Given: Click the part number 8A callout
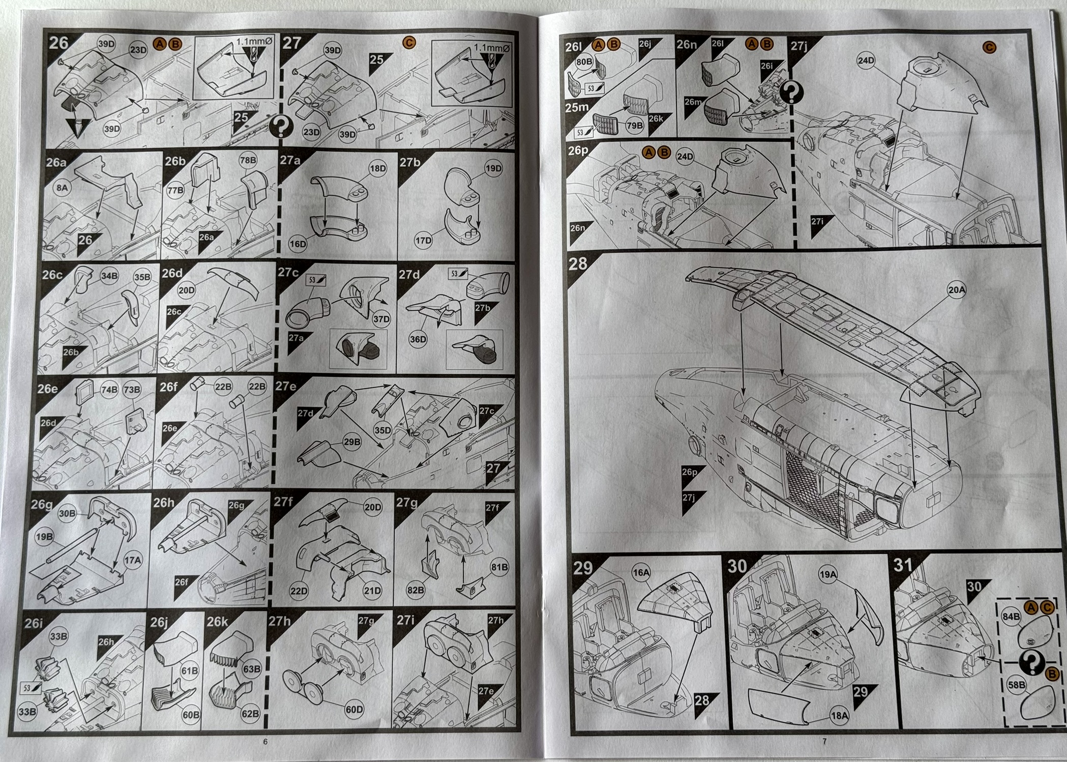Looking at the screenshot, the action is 62,188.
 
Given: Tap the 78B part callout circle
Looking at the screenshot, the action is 248,160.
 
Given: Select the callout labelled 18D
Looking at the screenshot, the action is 377,169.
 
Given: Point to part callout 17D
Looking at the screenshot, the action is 423,241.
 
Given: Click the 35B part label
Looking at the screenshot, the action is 142,277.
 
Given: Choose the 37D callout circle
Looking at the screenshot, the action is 381,319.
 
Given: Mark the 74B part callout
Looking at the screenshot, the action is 109,390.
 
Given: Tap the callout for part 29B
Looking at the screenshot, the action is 351,442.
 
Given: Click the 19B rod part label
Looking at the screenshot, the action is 44,537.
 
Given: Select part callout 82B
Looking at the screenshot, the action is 415,590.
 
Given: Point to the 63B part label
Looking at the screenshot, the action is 251,669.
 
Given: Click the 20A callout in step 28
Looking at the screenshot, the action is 956,290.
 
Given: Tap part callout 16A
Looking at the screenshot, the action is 641,573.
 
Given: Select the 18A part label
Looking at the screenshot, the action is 839,716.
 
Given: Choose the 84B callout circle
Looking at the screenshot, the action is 1011,617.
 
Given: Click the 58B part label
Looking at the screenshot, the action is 1016,685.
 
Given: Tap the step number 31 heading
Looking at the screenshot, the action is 903,565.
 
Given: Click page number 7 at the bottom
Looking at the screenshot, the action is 824,741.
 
